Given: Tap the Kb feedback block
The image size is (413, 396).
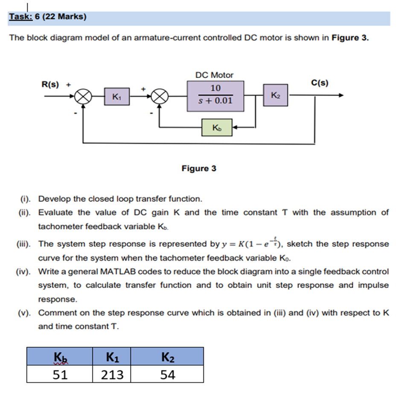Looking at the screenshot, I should [x=217, y=127].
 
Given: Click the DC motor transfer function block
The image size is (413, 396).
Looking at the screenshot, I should [x=215, y=96].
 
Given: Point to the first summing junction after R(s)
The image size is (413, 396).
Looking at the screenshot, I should [x=83, y=96].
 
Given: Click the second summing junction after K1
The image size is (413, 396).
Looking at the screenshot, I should [x=160, y=96].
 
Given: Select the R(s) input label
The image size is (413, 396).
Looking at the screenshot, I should [x=50, y=84].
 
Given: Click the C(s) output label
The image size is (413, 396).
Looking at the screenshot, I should [x=320, y=83].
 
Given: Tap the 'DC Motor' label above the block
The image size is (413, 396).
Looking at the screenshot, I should [x=215, y=75].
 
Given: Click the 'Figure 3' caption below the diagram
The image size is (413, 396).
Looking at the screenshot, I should [x=199, y=168].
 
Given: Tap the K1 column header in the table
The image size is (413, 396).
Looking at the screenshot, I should [x=111, y=356].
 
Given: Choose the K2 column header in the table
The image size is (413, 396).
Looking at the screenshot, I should [x=167, y=356].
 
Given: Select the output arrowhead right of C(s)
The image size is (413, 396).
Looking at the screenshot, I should [x=340, y=96].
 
